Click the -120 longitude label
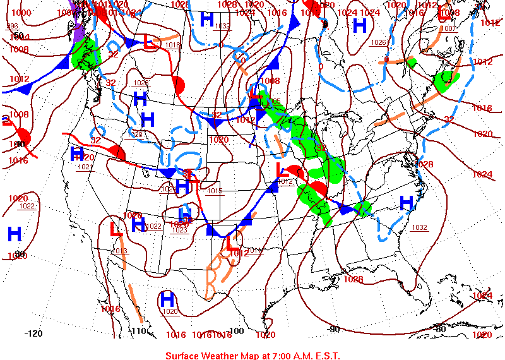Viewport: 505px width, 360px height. tap(33, 333)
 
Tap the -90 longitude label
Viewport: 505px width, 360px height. tap(335, 328)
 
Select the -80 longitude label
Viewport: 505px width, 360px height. tap(441, 328)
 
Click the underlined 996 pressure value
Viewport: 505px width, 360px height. tap(13, 26)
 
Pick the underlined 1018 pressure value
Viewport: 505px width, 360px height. tap(172, 45)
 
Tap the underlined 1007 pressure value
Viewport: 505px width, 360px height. tap(448, 28)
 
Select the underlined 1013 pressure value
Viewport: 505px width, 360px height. tap(120, 251)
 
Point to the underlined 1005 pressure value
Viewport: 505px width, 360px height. tap(273, 101)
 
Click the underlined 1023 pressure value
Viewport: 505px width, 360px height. tap(180, 231)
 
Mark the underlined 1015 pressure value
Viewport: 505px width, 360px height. tap(215, 191)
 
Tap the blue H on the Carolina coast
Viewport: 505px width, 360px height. tap(407, 202)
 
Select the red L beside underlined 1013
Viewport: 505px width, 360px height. tap(116, 229)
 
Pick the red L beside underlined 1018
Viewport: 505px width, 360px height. tap(150, 42)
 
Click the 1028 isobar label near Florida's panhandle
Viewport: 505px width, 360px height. tap(353, 279)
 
